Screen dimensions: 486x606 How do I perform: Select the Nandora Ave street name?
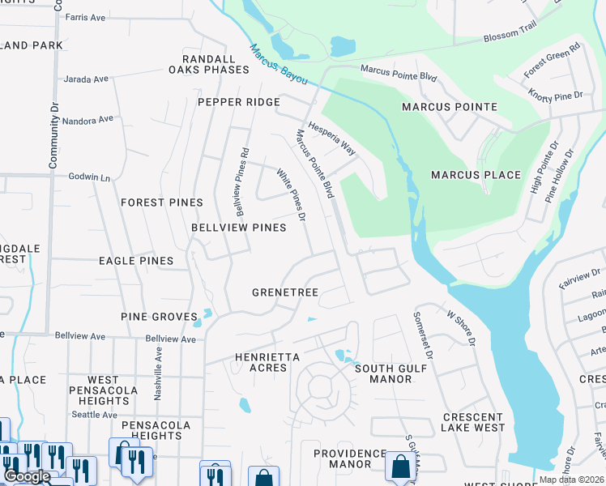(x=89, y=120)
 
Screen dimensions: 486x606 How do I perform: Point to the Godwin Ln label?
(x=88, y=177)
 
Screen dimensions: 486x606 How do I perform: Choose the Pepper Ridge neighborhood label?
(x=239, y=102)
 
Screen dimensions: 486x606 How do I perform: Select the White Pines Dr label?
(x=291, y=195)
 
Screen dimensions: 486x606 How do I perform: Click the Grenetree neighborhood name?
(x=285, y=292)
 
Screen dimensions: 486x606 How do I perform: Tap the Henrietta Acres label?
(x=267, y=362)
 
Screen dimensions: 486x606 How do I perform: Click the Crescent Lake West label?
(x=474, y=422)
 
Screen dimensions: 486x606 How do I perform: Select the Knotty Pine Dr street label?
(x=555, y=97)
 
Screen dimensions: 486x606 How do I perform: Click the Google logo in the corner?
(x=27, y=476)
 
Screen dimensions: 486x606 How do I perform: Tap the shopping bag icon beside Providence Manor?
(x=400, y=467)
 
